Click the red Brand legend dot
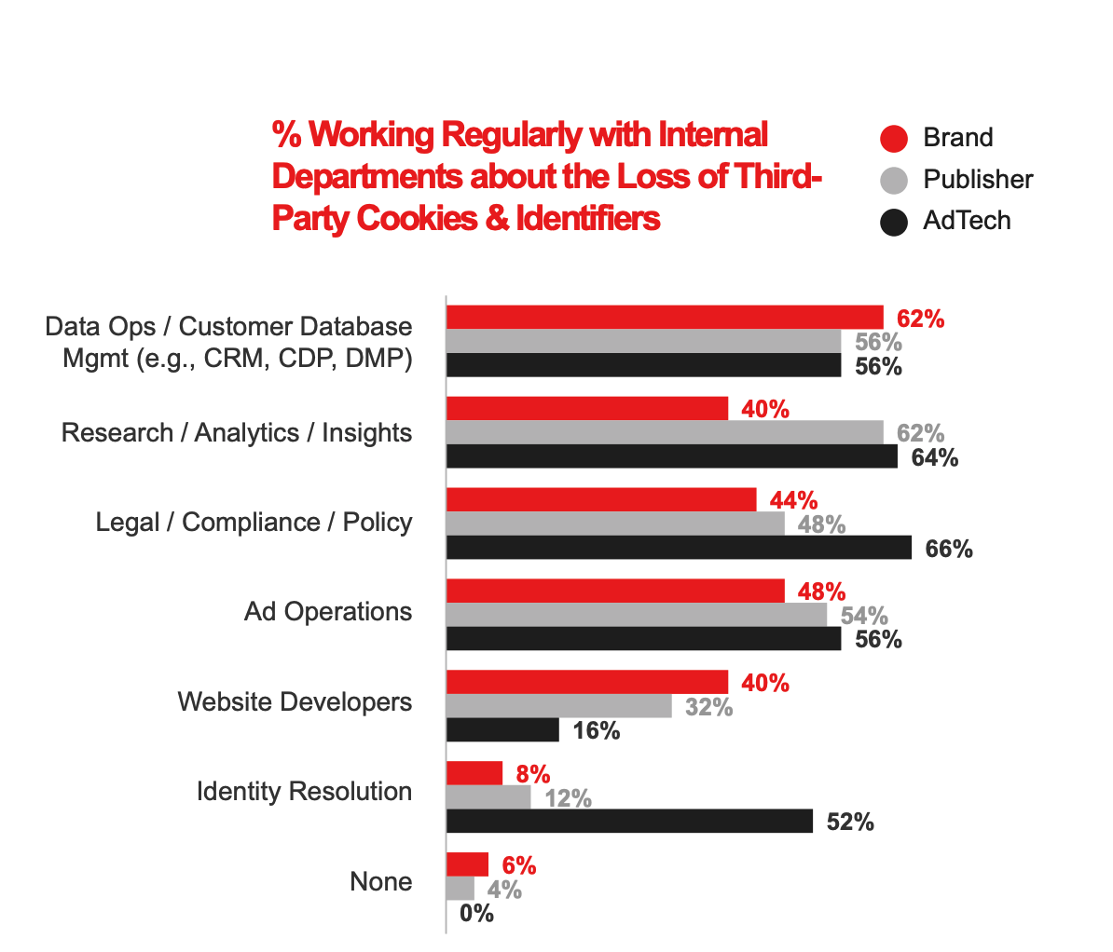894,138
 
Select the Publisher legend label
978,179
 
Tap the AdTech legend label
967,221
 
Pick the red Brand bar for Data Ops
665,318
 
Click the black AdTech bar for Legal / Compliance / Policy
679,548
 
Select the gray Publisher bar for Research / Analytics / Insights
665,432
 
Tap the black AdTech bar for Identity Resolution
629,821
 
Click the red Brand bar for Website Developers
587,682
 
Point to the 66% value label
949,550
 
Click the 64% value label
935,457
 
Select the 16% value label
597,731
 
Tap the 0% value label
476,914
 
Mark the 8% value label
533,775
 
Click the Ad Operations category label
328,612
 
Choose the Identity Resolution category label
304,792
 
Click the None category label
380,881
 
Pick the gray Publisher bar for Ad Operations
637,615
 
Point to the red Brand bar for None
467,864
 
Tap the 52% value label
850,822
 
